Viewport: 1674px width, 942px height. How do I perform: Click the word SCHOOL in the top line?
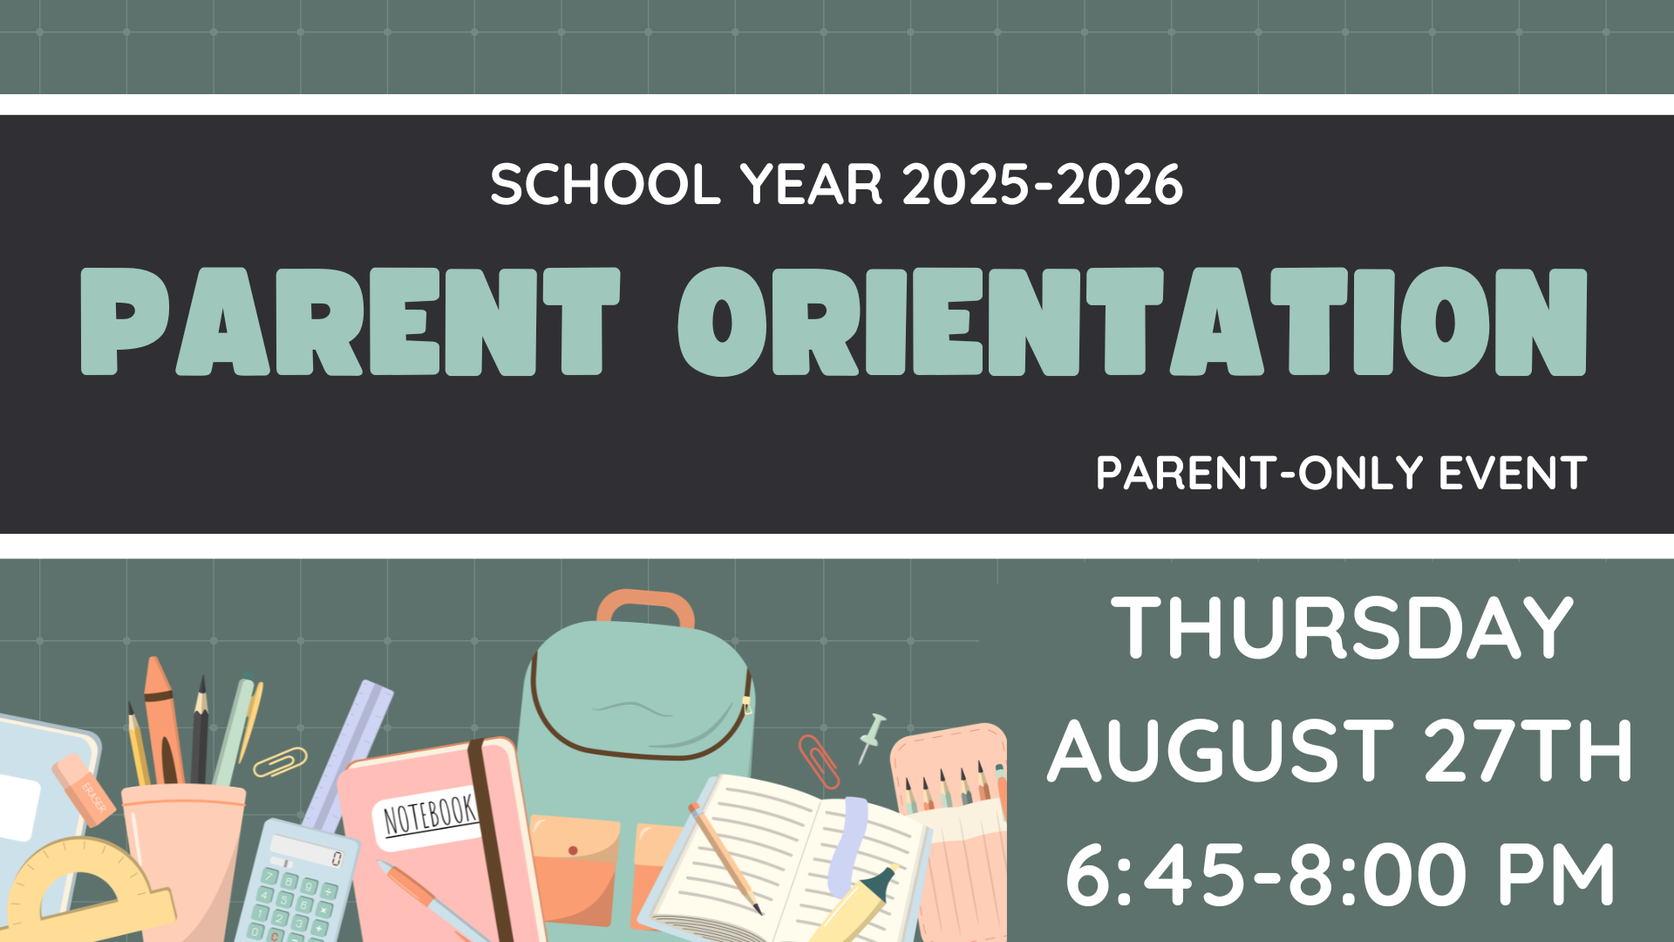coord(605,185)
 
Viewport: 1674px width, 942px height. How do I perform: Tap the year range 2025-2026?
coord(1043,185)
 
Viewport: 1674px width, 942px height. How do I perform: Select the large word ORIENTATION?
coord(1133,321)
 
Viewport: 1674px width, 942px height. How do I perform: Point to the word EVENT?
coord(1513,474)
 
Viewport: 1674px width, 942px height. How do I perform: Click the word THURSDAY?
coord(1343,628)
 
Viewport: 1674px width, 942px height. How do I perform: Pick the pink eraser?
coord(84,789)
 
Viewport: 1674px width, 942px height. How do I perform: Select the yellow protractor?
coord(83,890)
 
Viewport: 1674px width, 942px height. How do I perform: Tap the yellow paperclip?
coord(280,761)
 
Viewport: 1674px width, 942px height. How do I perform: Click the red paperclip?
coord(819,761)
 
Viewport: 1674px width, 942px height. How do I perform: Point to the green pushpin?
coord(872,737)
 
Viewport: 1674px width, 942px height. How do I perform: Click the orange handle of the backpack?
coord(646,607)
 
